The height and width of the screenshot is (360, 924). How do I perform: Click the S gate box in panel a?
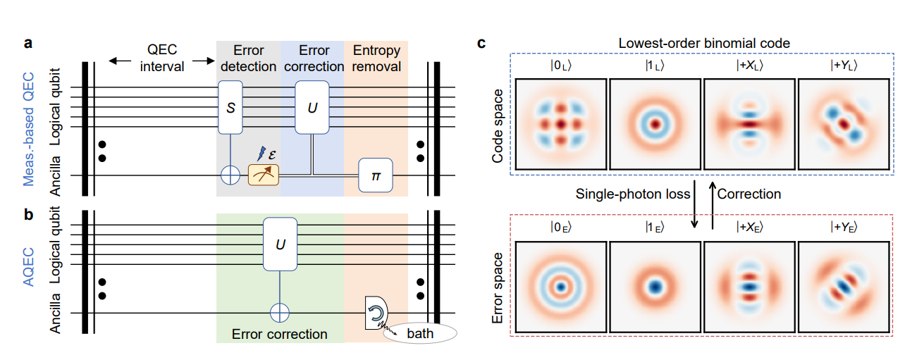(x=230, y=106)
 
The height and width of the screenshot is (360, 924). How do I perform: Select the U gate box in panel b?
(x=280, y=244)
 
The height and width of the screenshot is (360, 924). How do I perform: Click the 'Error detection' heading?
(x=248, y=58)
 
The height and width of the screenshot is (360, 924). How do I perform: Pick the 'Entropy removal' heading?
(x=376, y=58)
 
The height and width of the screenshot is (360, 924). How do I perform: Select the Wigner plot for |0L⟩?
(x=560, y=124)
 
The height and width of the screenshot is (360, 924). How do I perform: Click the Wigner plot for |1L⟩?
(x=654, y=124)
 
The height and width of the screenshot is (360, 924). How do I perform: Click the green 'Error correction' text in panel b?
(x=280, y=334)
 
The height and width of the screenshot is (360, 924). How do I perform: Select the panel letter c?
(x=481, y=44)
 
